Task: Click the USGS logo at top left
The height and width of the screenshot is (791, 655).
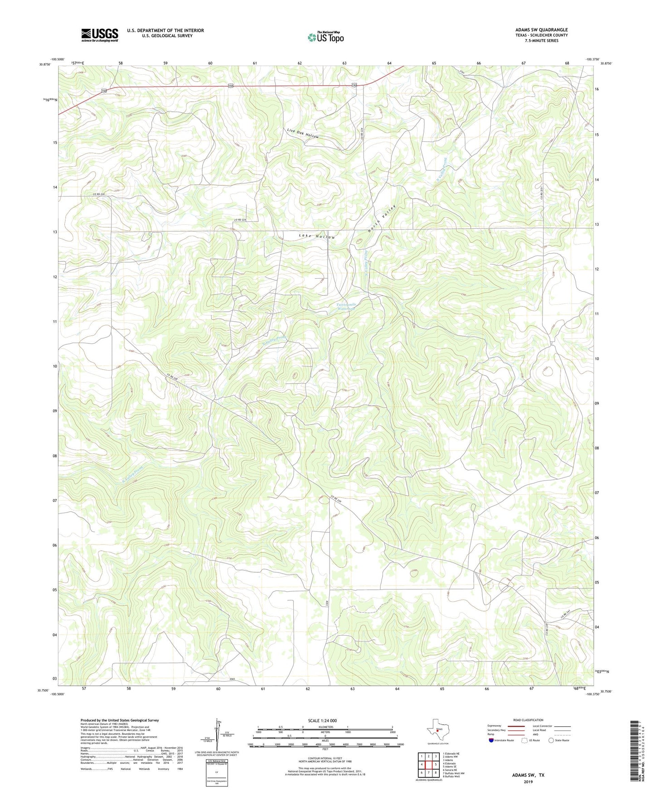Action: point(100,35)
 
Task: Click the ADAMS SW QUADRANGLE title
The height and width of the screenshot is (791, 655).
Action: point(541,30)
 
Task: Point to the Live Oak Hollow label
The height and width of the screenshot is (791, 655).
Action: point(303,134)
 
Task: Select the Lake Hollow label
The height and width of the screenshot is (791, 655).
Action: point(317,236)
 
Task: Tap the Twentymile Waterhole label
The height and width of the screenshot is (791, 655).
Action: point(346,307)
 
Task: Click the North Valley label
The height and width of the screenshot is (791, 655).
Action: point(382,220)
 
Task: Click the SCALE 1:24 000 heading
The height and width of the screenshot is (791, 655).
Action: point(322,720)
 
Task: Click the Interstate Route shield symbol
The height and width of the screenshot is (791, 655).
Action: point(491,741)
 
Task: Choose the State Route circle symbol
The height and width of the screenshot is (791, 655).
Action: point(551,741)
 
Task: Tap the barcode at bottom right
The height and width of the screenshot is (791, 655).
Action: point(636,752)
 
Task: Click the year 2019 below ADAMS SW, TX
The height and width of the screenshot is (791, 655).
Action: point(528,781)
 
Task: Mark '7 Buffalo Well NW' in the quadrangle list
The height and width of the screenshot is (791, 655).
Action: point(454,773)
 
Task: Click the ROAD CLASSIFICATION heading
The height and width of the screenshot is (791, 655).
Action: point(528,720)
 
